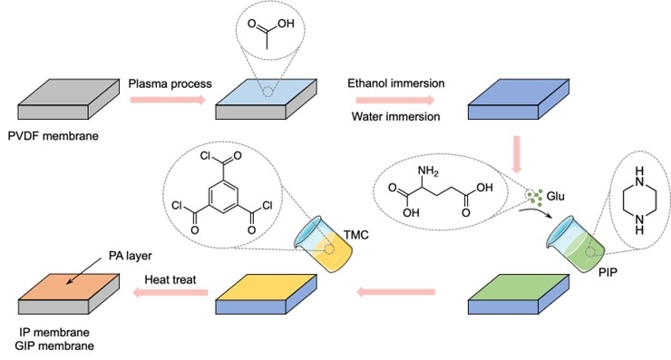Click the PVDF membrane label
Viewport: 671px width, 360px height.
pyautogui.click(x=53, y=136)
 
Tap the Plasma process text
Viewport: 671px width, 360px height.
pyautogui.click(x=170, y=83)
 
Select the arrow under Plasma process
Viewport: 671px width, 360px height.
pyautogui.click(x=168, y=100)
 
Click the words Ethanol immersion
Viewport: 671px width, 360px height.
pyautogui.click(x=396, y=83)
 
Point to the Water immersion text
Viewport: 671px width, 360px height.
pyautogui.click(x=396, y=116)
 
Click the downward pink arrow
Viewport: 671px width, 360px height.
pyautogui.click(x=517, y=154)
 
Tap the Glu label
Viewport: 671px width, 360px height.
pyautogui.click(x=556, y=197)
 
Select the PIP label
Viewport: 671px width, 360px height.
pyautogui.click(x=608, y=272)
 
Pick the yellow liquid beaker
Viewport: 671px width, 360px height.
pyautogui.click(x=323, y=244)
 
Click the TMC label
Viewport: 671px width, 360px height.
pyautogui.click(x=356, y=235)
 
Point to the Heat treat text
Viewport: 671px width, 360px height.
pyautogui.click(x=170, y=280)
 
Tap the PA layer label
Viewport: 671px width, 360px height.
pyautogui.click(x=130, y=256)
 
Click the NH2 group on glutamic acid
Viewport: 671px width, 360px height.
pyautogui.click(x=428, y=171)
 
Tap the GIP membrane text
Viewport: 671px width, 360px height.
pyautogui.click(x=54, y=345)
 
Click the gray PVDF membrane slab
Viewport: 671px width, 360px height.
pyautogui.click(x=69, y=99)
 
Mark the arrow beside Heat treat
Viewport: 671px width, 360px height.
pyautogui.click(x=170, y=293)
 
